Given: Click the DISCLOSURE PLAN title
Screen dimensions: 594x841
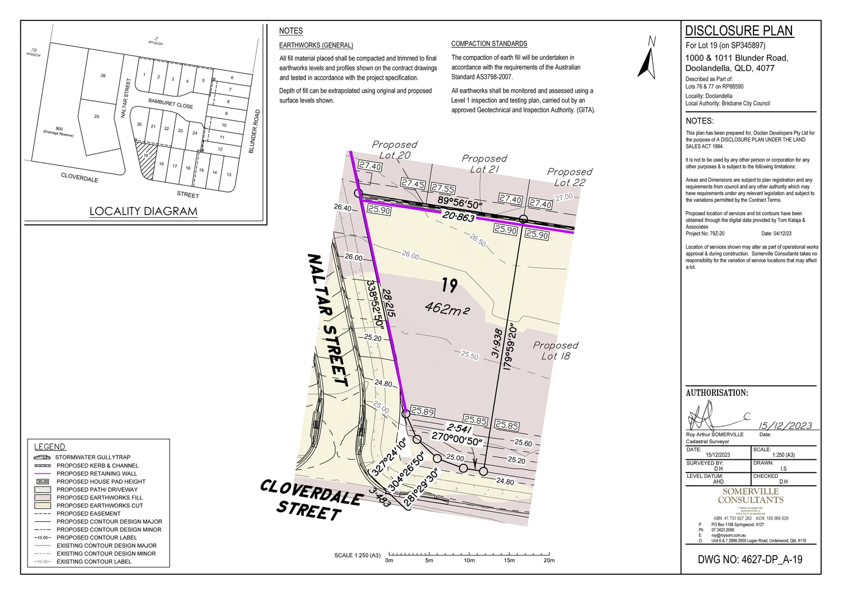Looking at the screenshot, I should pos(739,31).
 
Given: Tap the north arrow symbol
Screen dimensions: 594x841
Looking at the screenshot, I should pos(648,59).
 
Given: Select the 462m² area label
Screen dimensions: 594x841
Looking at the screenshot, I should pos(447,309).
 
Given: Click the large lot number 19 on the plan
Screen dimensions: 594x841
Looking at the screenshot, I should pos(449,285).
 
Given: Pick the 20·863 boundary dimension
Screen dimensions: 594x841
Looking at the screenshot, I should pos(458,217).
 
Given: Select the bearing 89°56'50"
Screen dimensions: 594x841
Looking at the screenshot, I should pos(460,202).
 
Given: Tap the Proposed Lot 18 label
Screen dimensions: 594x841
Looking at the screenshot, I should pos(555,350).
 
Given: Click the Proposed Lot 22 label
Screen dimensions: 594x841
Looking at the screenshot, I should pos(569,177).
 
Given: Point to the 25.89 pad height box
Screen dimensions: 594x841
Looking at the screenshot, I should pos(423,411).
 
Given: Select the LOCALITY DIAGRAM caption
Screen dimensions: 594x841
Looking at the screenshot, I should pos(143,211).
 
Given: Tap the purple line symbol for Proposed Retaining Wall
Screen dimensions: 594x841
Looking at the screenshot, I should pos(42,474).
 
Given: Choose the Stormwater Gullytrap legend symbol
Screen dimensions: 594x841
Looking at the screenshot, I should pos(42,458).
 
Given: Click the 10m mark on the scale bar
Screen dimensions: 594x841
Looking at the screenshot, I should pos(469,554).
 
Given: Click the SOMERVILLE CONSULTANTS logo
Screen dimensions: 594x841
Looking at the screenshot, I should pos(750,496).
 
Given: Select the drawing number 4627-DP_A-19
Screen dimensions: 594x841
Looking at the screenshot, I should pos(750,560).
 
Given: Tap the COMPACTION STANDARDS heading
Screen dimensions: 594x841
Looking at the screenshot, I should pos(489,44).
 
